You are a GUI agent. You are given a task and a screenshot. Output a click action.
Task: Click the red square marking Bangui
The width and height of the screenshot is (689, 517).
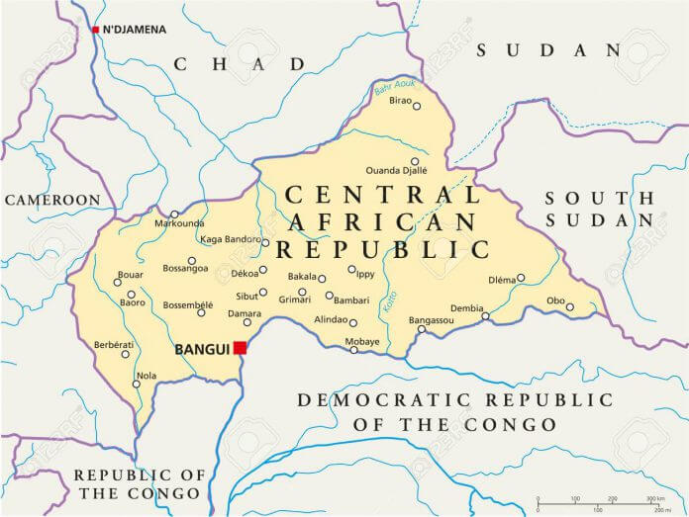(x=240, y=347)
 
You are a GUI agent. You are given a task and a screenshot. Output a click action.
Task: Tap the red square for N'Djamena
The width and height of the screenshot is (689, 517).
(x=95, y=30)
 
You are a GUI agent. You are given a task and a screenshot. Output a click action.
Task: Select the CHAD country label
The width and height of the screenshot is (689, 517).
(x=240, y=63)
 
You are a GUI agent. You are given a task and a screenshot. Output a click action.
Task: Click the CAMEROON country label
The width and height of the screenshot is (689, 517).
(x=53, y=200)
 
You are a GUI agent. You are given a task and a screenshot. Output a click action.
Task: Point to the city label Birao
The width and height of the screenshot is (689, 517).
(x=400, y=100)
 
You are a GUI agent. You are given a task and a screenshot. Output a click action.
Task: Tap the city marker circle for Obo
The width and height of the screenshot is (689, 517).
(x=570, y=306)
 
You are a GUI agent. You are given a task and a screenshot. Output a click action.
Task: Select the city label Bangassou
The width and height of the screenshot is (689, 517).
(x=431, y=319)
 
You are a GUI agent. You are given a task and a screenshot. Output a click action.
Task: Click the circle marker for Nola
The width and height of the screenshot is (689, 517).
(x=137, y=384)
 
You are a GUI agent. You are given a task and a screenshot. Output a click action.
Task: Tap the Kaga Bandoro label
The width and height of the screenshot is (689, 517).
(x=229, y=239)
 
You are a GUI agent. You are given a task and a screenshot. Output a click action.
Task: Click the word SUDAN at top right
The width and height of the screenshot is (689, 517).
(x=547, y=49)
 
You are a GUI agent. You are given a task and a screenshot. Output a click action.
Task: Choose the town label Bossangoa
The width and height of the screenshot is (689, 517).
(x=185, y=268)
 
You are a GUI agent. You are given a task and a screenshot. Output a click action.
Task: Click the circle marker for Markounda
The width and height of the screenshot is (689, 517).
(x=174, y=214)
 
